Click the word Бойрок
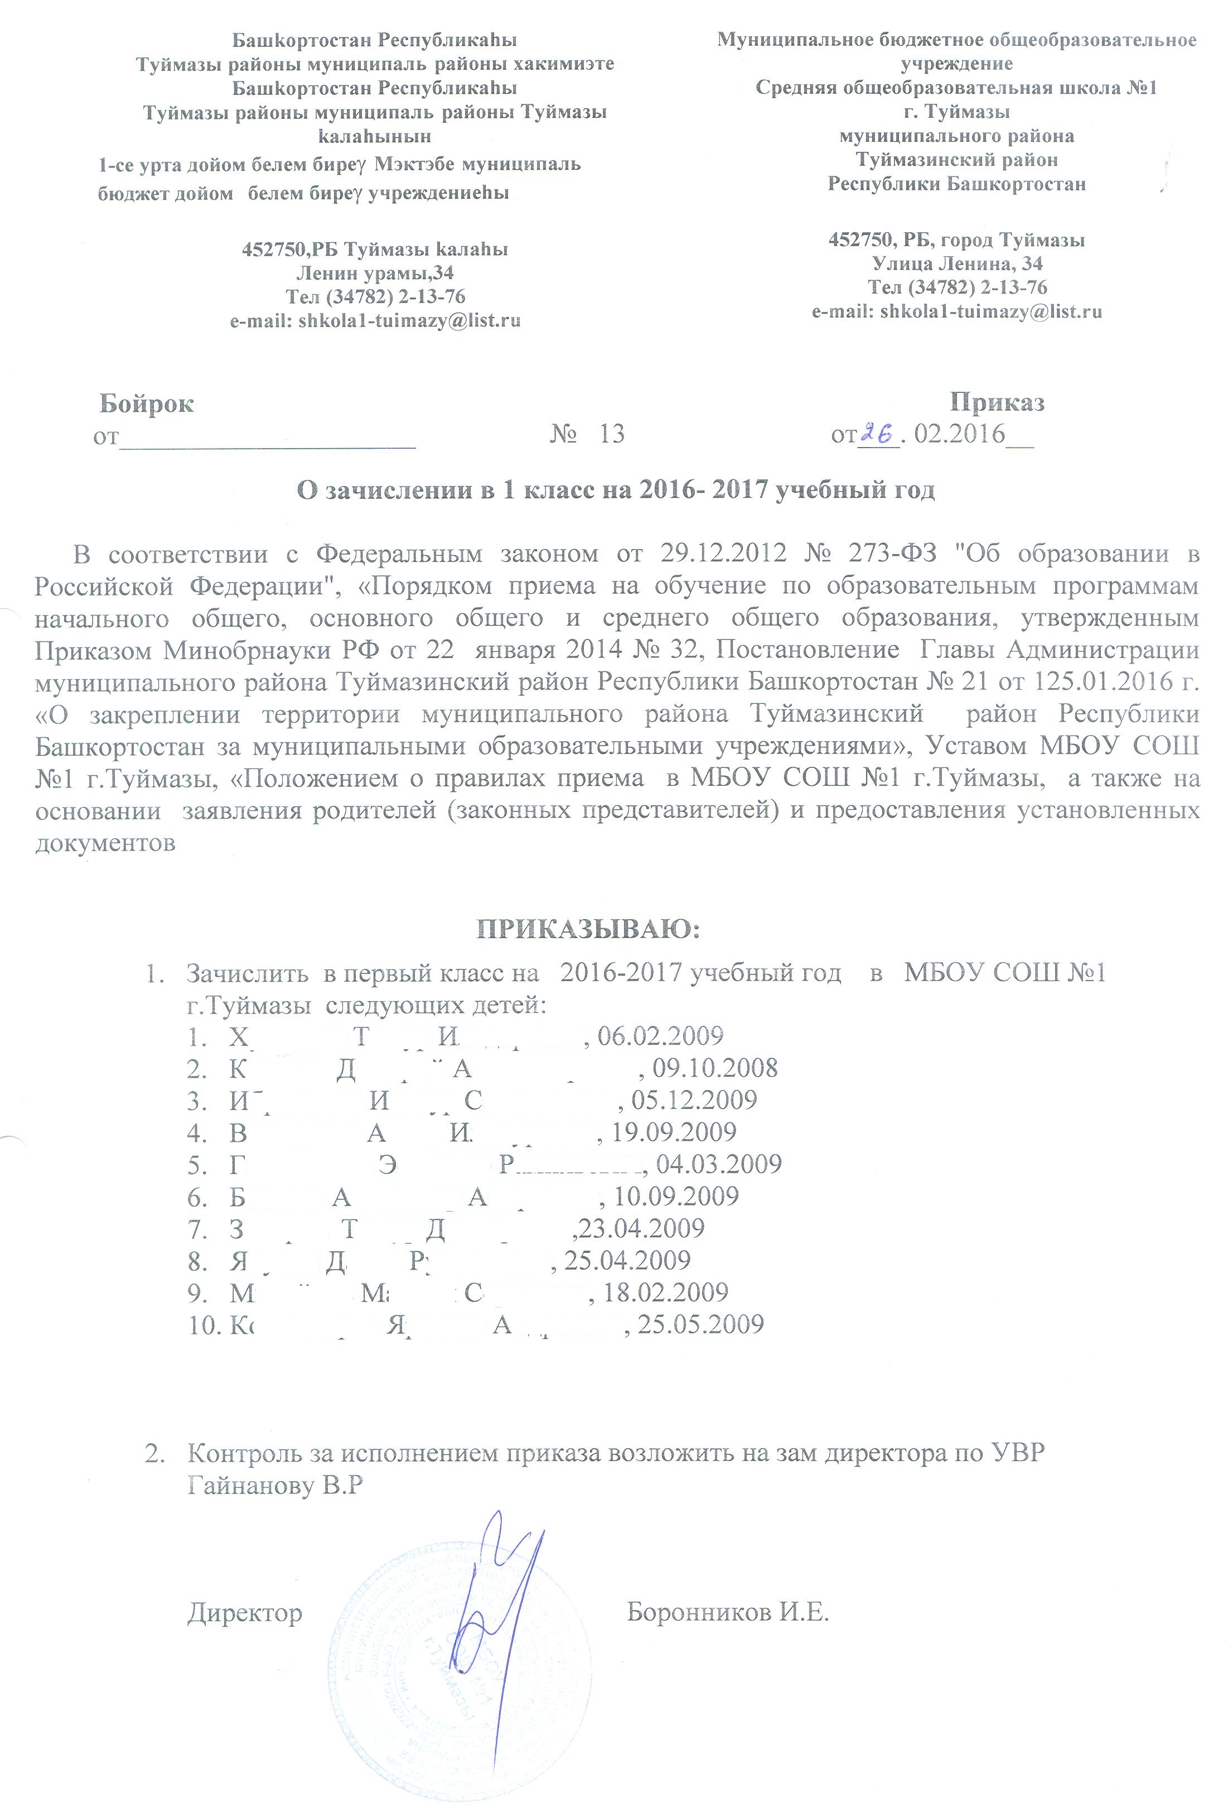tap(146, 404)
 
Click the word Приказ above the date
tap(997, 402)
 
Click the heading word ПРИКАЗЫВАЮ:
tap(587, 929)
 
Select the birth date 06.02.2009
tap(660, 1035)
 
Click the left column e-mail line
tap(375, 321)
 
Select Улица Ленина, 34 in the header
tap(956, 263)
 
